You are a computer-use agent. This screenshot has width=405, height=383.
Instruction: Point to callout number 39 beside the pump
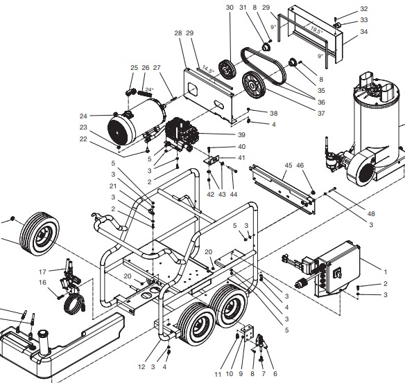tap(242, 134)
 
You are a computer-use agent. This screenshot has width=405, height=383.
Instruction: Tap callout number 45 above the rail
tap(286, 165)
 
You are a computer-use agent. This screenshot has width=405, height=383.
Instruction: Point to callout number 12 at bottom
tap(141, 367)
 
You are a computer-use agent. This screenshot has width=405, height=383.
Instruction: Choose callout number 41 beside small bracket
tap(242, 158)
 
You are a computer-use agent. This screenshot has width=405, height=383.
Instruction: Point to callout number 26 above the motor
tap(146, 67)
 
